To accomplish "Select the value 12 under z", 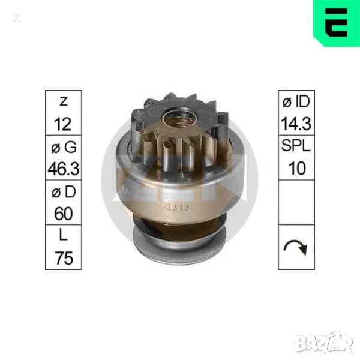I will [63, 124].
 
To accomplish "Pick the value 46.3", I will [63, 169].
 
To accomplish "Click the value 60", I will [63, 213].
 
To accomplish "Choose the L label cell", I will [63, 235].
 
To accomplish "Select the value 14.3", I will [295, 124].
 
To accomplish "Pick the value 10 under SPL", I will [295, 169].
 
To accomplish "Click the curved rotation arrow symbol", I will [295, 247].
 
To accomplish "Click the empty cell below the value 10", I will [295, 202].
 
